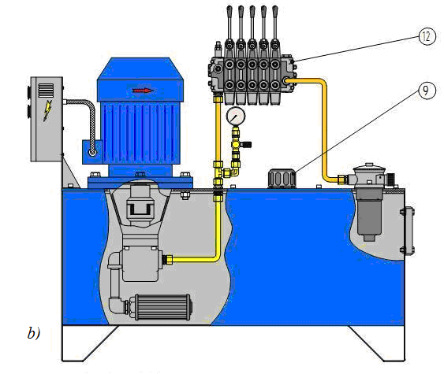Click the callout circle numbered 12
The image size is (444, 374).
pyautogui.click(x=427, y=36)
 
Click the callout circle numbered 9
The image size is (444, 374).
pyautogui.click(x=427, y=91)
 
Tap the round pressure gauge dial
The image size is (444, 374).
pyautogui.click(x=236, y=116)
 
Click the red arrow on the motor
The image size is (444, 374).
pyautogui.click(x=144, y=91)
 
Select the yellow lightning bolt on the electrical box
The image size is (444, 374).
pyautogui.click(x=47, y=110)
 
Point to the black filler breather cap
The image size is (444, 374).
pyautogui.click(x=282, y=178)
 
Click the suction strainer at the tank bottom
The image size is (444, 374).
pyautogui.click(x=161, y=307)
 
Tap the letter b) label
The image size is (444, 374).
pyautogui.click(x=34, y=333)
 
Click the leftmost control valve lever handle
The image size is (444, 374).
pyautogui.click(x=229, y=24)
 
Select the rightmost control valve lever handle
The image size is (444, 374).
pyautogui.click(x=274, y=24)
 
